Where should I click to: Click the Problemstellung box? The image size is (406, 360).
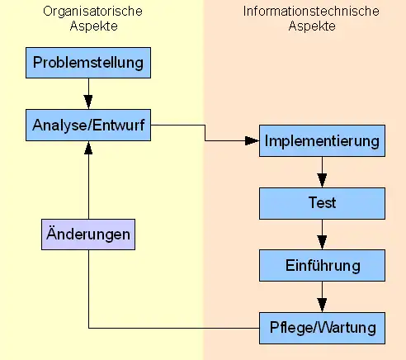click(88, 63)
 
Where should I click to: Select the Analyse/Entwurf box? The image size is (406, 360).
click(88, 126)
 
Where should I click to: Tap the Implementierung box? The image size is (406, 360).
click(322, 141)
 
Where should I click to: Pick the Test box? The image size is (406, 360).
click(322, 204)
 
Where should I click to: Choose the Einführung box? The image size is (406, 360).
click(322, 266)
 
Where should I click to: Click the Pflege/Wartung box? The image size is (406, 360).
click(322, 328)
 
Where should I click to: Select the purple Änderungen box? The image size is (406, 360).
click(88, 234)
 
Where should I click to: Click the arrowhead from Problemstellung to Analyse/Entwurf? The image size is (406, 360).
click(88, 102)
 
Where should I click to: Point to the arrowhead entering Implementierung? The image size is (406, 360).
click(252, 141)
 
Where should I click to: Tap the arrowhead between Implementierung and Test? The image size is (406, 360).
click(322, 181)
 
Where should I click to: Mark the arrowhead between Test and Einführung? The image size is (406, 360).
click(322, 243)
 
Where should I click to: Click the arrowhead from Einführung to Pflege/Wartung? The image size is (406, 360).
click(322, 305)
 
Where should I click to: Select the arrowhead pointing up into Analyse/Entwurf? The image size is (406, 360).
click(88, 148)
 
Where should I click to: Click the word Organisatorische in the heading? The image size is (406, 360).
click(92, 12)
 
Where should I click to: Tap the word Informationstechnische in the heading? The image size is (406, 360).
click(311, 12)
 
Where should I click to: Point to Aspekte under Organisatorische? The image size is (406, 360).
click(94, 26)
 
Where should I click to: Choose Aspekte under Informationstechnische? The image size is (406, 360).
click(312, 26)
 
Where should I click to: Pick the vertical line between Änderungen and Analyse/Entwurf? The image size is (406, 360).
click(88, 187)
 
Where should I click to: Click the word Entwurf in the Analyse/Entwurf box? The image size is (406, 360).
click(119, 126)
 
